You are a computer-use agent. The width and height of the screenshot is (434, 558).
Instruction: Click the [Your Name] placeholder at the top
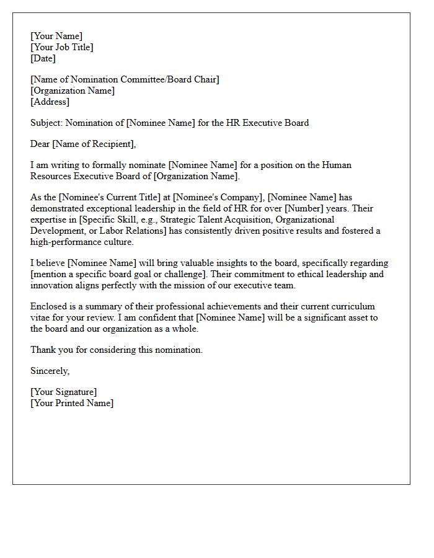[56, 36]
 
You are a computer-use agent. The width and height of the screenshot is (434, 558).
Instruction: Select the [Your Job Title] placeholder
[62, 47]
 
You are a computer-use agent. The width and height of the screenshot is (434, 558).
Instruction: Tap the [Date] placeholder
[43, 58]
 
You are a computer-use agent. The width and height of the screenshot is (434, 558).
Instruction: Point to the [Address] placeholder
[50, 102]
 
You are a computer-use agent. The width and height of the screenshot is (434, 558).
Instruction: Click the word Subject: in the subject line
[46, 123]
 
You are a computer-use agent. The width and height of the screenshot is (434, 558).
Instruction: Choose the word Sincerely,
[50, 371]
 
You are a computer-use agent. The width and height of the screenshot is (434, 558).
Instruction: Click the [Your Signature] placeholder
[63, 392]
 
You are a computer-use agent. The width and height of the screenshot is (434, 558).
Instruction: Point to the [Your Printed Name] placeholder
[72, 403]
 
